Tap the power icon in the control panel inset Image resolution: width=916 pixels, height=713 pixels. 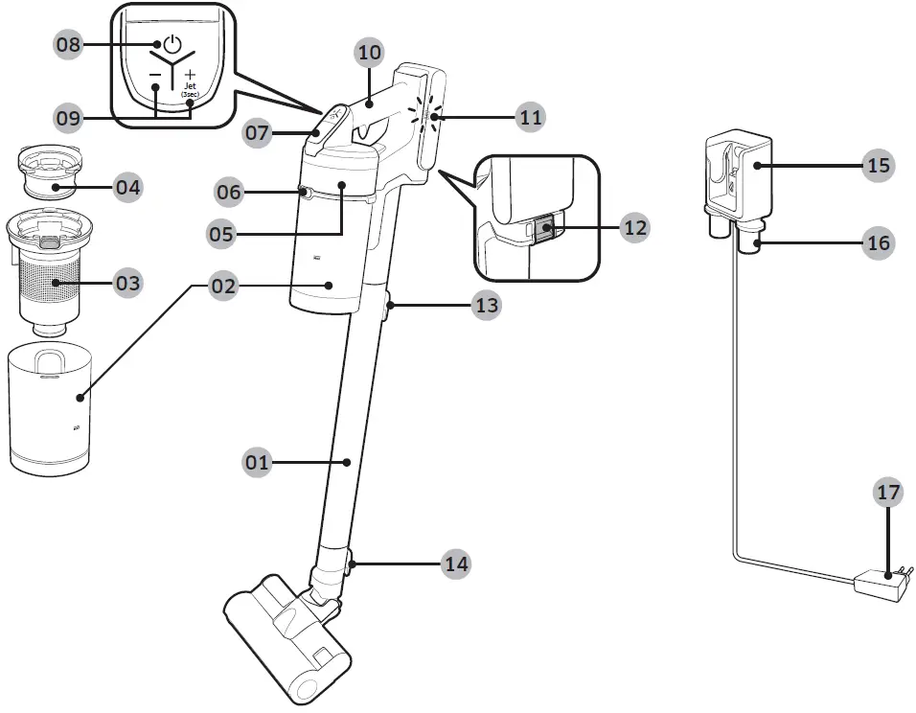(172, 44)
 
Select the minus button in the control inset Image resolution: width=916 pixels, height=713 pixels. (154, 75)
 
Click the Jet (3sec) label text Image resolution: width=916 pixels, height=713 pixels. (190, 89)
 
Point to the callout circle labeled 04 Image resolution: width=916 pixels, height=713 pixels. (127, 187)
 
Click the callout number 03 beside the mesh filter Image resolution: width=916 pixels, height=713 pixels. (127, 284)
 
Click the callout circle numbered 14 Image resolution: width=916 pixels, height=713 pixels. (456, 564)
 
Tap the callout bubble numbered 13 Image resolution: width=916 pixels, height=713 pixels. (487, 306)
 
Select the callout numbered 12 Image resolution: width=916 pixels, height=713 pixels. (634, 228)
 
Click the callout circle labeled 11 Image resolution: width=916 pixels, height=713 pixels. (530, 118)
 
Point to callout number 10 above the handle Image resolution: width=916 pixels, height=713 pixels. (369, 53)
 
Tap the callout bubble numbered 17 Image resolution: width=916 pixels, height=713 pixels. (888, 493)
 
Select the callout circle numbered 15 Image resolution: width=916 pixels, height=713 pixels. (878, 166)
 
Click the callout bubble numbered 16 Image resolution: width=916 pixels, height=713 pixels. (878, 243)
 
